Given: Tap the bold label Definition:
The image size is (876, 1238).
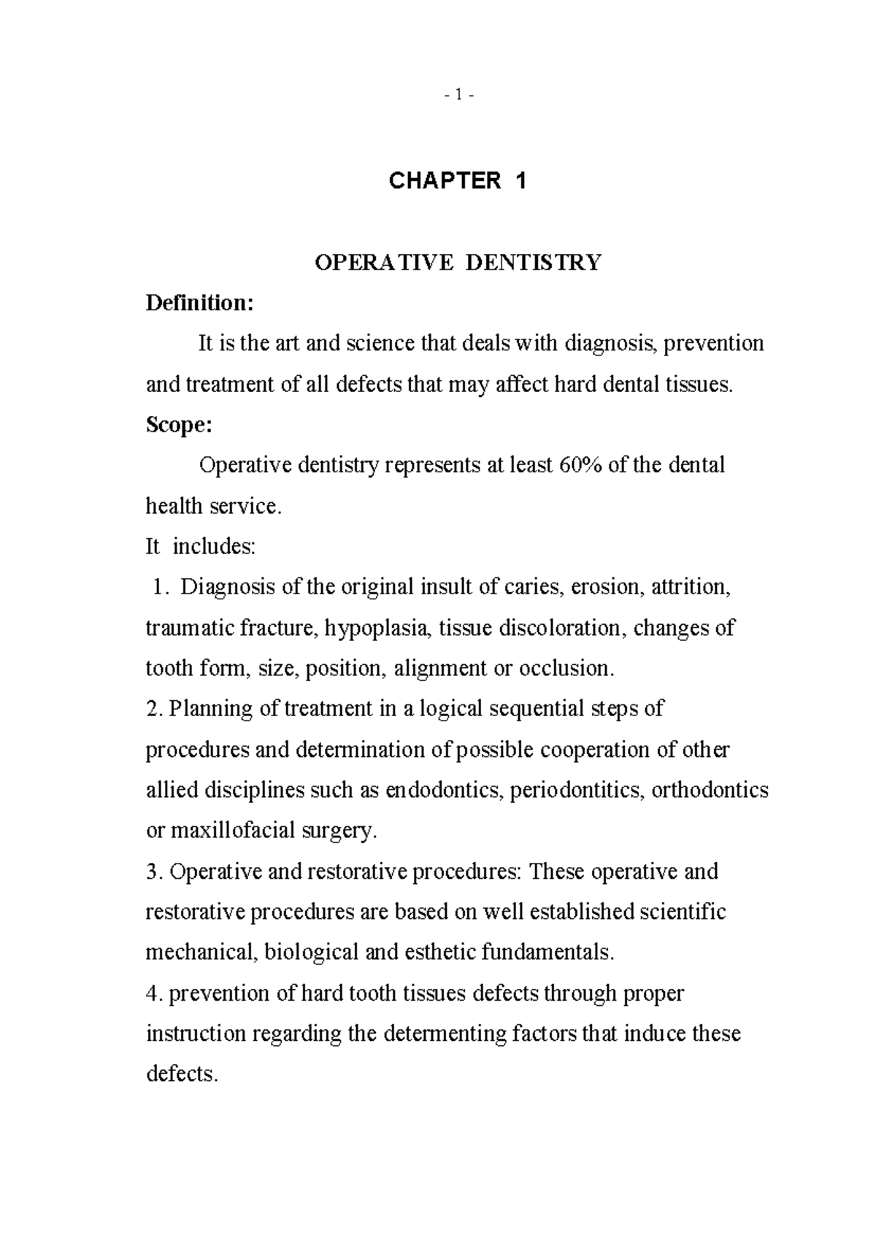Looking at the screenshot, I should point(199,302).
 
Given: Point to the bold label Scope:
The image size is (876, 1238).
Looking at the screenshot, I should point(179,425).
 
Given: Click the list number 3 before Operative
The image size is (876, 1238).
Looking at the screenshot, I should point(152,872).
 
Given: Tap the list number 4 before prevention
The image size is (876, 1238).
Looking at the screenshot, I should point(152,993).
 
